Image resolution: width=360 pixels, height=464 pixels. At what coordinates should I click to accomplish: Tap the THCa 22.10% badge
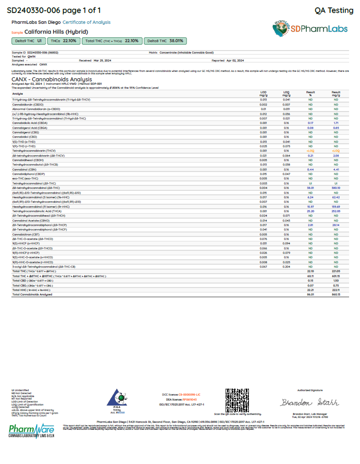64,41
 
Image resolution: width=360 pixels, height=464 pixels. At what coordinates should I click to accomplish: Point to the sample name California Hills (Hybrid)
56,31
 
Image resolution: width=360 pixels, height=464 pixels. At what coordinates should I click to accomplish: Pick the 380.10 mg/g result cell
336,188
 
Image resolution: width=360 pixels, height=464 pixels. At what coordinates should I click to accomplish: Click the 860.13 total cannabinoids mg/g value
336,294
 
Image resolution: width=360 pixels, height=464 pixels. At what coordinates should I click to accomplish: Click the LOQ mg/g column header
286,93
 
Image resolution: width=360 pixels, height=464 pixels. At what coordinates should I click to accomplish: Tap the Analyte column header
17,93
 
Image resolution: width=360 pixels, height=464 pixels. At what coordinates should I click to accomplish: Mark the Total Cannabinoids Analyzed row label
32,294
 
